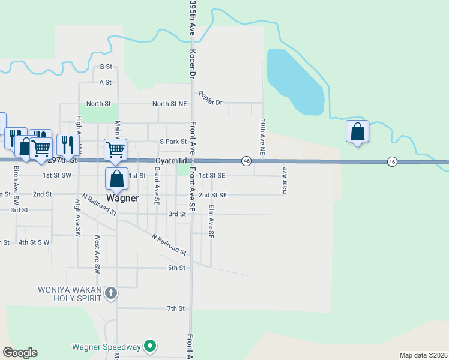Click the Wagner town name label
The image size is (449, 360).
coord(122,198)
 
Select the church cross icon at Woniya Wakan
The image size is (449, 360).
coord(110,293)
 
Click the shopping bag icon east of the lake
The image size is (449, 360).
coord(357,131)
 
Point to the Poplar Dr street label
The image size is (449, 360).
coord(210,98)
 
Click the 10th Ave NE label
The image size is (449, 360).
coord(262,137)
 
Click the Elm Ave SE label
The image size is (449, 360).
coord(211,223)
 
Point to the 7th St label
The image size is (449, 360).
coord(176,308)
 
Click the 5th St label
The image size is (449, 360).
coord(176,268)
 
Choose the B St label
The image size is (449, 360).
coord(106,67)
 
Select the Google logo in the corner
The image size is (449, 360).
coord(20,353)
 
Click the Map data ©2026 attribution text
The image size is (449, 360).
coord(423,355)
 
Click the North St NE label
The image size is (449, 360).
coord(169,104)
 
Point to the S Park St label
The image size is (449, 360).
coord(173,142)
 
